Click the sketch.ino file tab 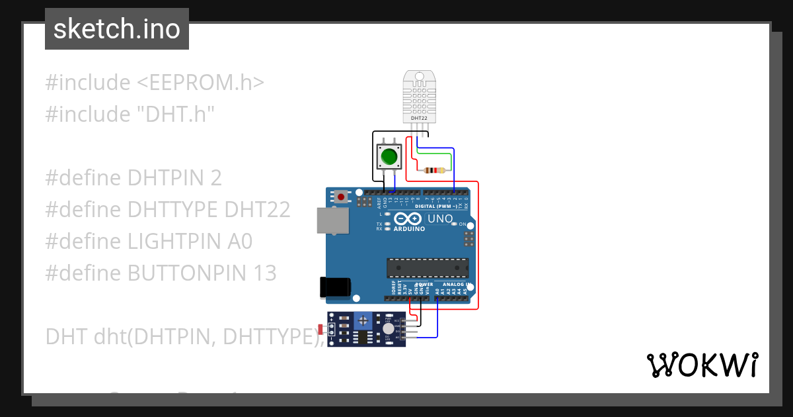(x=117, y=29)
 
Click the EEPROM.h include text (x=201, y=83)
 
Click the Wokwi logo (x=702, y=365)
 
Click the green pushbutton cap (x=389, y=158)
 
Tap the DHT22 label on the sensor (x=420, y=118)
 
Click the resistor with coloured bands (x=434, y=171)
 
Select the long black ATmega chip (x=428, y=267)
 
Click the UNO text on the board (x=440, y=219)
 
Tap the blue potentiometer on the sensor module (x=361, y=320)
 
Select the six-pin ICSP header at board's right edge (x=469, y=238)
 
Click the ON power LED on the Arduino (x=454, y=224)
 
